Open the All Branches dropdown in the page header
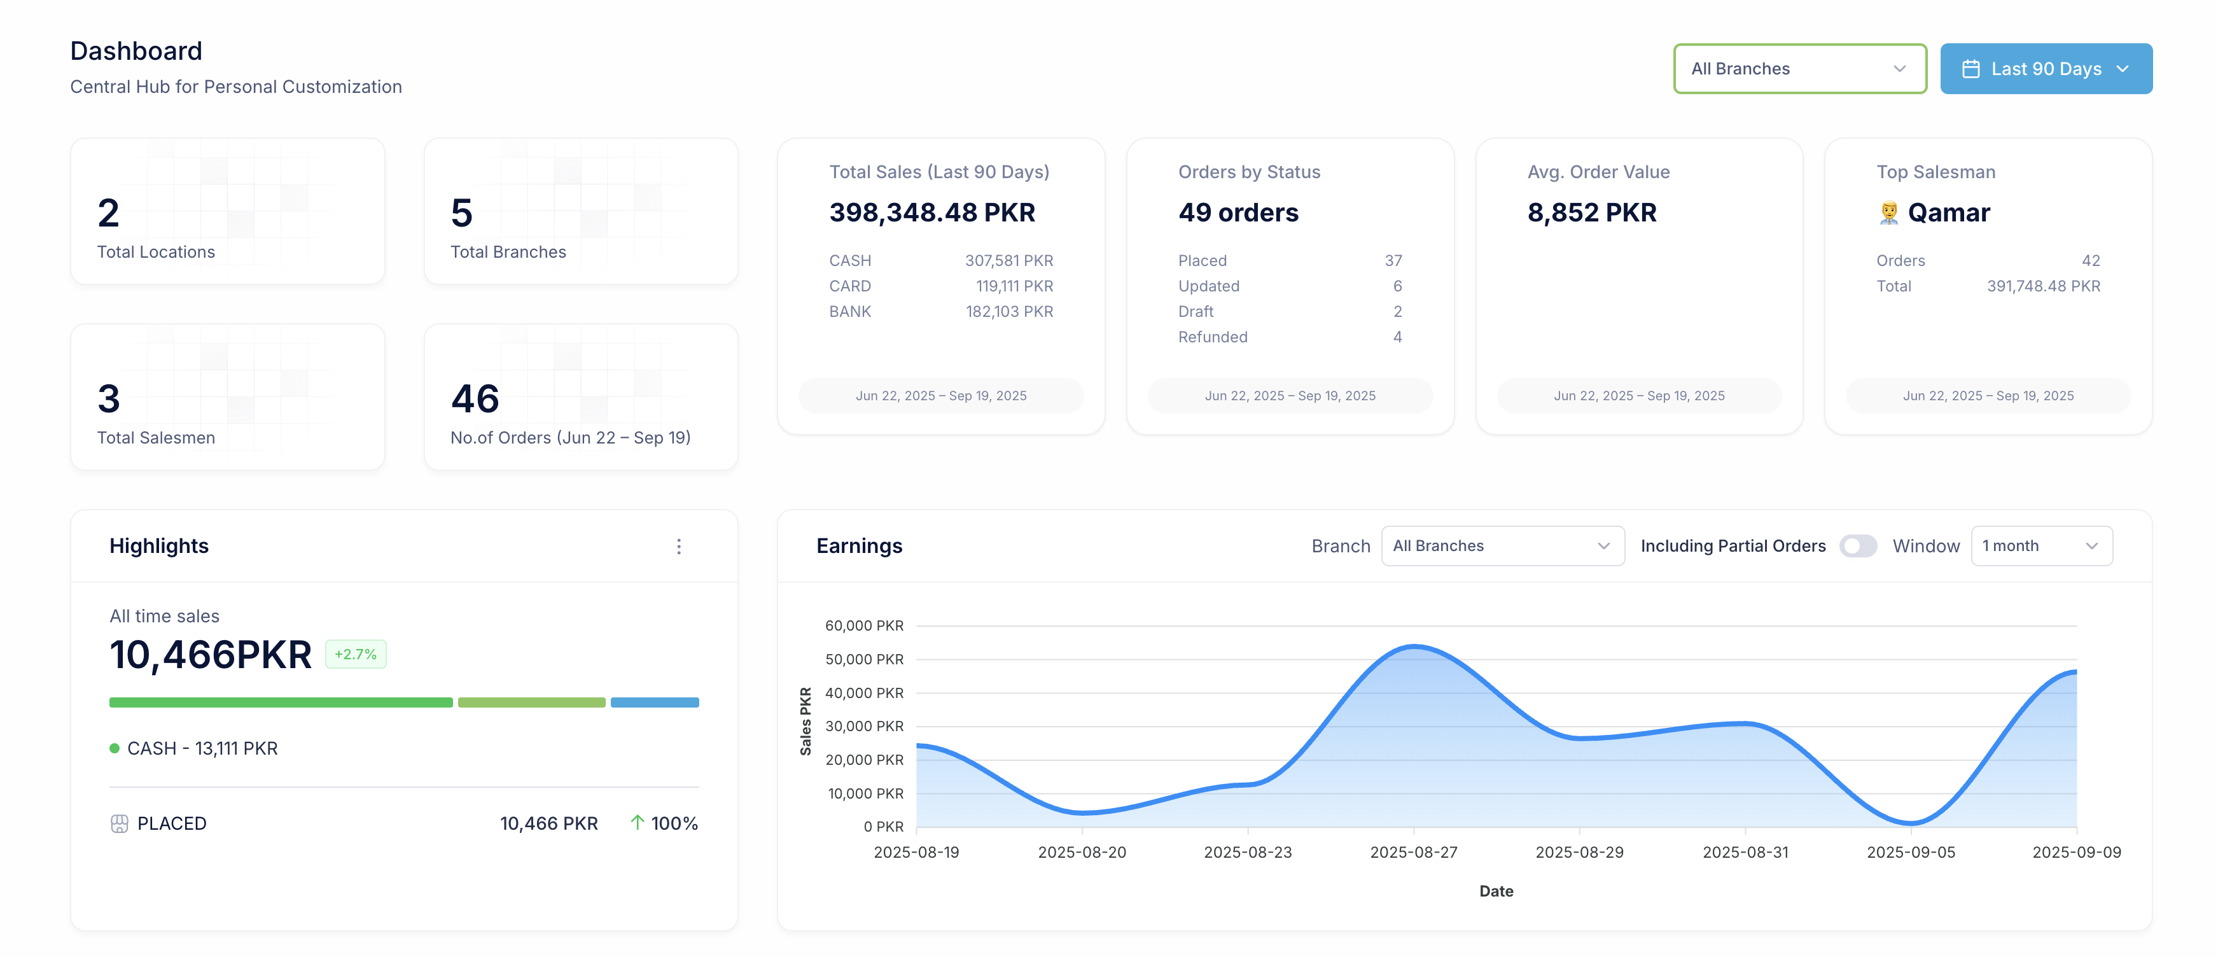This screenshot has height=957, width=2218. click(1799, 69)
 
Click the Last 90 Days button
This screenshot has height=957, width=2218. click(2045, 69)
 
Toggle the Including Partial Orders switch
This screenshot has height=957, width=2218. click(1857, 546)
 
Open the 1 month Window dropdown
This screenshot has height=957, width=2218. click(2040, 546)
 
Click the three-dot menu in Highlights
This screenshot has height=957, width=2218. click(678, 546)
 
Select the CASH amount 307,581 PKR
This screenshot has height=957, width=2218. click(1008, 260)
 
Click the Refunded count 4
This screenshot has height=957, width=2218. click(1397, 337)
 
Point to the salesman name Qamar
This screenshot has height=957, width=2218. click(1948, 213)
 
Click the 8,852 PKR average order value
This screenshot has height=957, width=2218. click(1591, 213)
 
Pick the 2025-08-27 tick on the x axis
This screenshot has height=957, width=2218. click(1413, 852)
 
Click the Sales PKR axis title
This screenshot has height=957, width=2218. click(805, 721)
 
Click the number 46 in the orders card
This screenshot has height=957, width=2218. click(475, 399)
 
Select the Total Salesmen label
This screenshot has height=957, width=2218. click(156, 438)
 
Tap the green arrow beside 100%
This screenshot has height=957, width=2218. click(637, 823)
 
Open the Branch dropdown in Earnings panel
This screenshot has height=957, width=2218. click(1502, 546)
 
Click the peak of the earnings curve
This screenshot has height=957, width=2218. click(1414, 646)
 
